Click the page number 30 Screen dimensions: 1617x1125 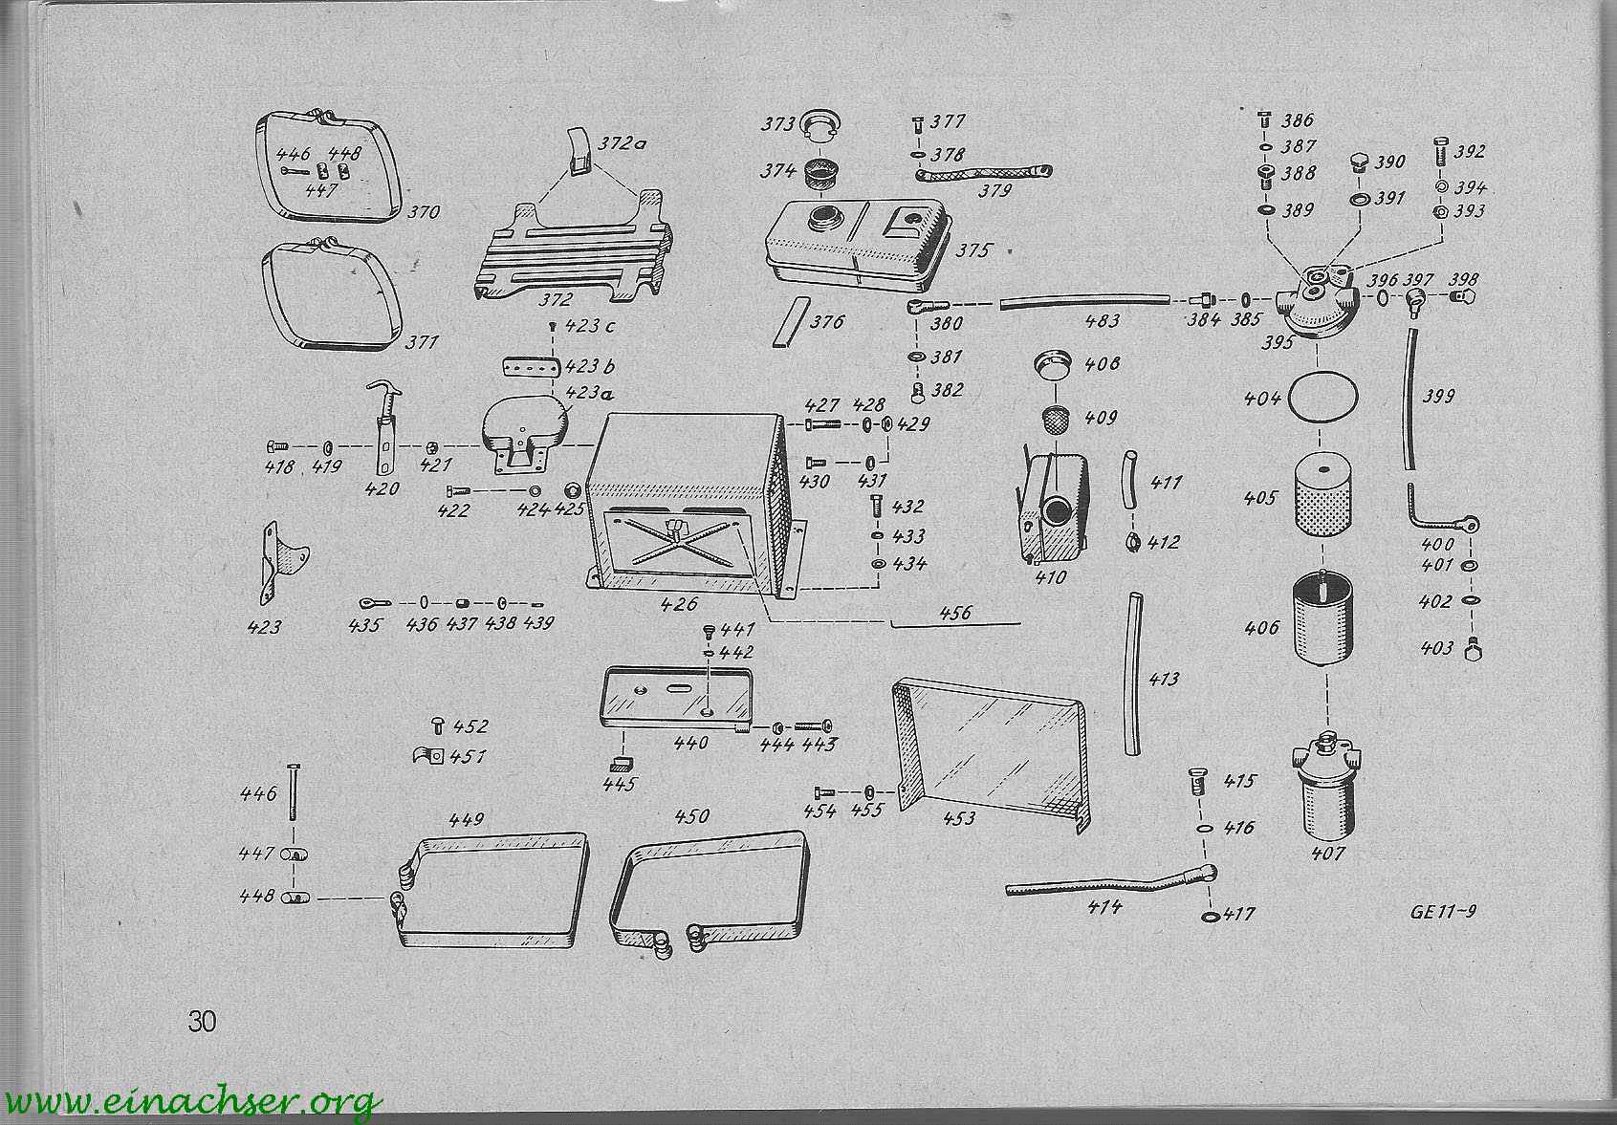point(202,1021)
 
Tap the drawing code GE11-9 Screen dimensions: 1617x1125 point(1443,912)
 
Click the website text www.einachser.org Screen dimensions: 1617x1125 point(192,1103)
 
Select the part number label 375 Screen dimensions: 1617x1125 point(973,250)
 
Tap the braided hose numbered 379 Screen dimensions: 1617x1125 point(983,173)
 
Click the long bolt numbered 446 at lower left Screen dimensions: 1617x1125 point(293,791)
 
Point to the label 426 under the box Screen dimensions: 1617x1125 point(679,603)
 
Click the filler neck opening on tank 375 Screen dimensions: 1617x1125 point(824,216)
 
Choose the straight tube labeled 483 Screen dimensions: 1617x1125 point(1084,301)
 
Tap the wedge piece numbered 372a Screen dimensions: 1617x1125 point(579,152)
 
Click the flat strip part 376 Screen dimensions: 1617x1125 point(788,321)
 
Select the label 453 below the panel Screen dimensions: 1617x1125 point(959,818)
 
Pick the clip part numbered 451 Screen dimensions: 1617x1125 point(428,756)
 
